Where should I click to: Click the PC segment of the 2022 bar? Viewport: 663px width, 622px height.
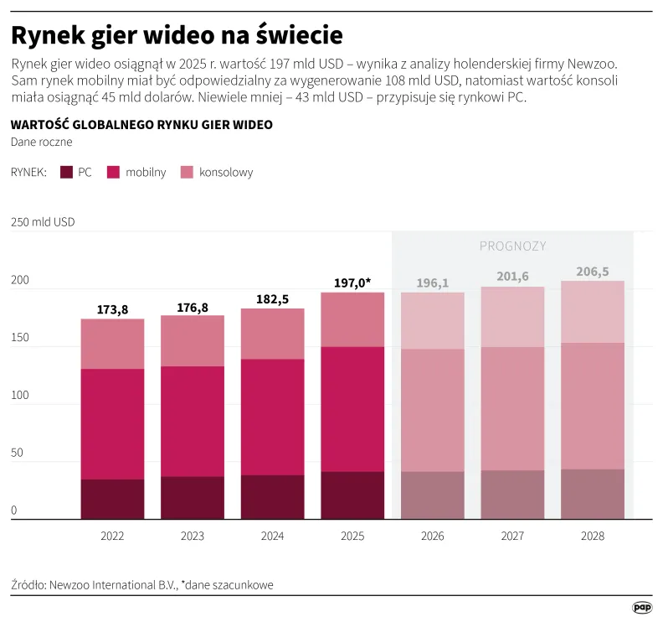(x=112, y=499)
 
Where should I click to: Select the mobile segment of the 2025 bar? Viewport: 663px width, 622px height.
(x=352, y=409)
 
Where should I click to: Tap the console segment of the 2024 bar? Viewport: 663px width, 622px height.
(x=272, y=334)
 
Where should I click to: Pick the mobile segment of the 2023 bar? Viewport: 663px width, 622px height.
(x=193, y=421)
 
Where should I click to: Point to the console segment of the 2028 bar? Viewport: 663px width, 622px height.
(x=593, y=312)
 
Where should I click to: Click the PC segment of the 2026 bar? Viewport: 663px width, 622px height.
(x=433, y=495)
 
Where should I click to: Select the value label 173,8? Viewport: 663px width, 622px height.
(x=112, y=310)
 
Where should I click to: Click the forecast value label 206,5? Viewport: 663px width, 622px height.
(x=593, y=272)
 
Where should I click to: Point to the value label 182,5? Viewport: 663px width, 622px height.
(x=272, y=299)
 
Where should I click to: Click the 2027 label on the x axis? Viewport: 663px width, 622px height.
(x=512, y=536)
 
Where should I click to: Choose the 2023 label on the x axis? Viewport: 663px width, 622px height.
(x=193, y=536)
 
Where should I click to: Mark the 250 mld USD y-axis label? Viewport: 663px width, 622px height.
(x=43, y=223)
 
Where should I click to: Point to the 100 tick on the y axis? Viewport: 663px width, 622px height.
(x=20, y=396)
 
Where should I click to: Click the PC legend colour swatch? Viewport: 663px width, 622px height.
(x=66, y=172)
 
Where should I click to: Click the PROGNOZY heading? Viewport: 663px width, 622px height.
(x=512, y=246)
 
